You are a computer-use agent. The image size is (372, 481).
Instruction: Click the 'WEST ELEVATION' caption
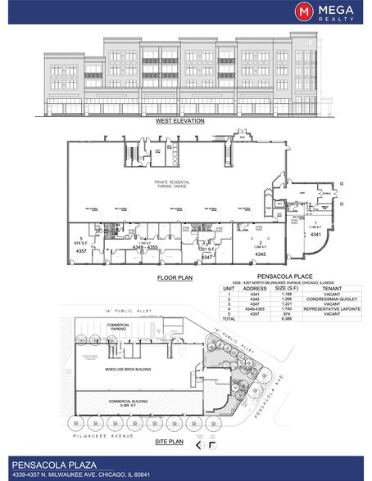pyautogui.click(x=179, y=121)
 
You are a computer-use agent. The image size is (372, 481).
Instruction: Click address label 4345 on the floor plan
pyautogui.click(x=261, y=254)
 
